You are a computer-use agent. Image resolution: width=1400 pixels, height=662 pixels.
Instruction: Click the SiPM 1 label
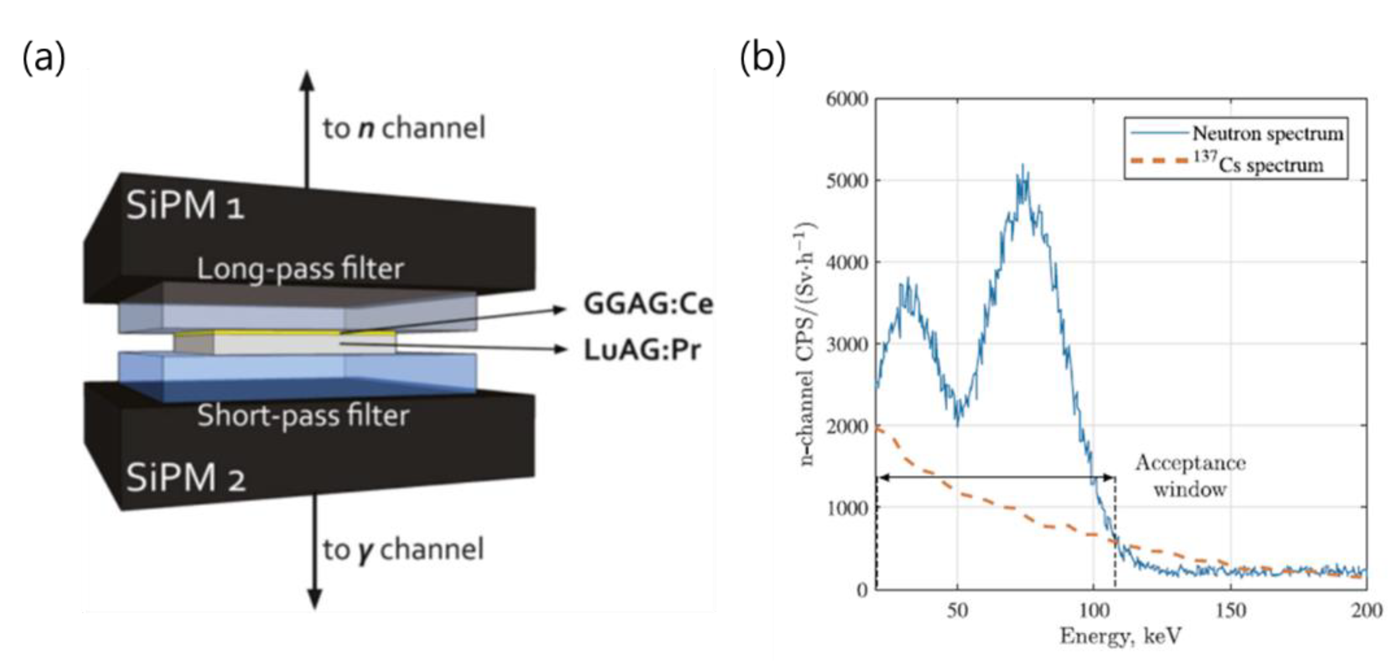[x=185, y=207]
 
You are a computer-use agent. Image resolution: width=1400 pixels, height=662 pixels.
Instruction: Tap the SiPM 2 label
[x=185, y=478]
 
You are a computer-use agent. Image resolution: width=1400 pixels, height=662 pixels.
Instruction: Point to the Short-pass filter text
[x=303, y=416]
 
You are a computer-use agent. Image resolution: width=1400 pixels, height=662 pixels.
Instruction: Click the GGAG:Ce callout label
[x=648, y=304]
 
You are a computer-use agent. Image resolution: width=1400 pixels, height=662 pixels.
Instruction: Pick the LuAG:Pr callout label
[x=642, y=350]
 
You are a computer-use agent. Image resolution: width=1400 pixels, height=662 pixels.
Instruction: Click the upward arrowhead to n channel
[x=308, y=81]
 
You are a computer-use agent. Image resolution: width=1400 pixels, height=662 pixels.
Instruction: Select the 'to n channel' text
[x=404, y=129]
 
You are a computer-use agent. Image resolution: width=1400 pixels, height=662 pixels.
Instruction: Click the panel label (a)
[x=43, y=58]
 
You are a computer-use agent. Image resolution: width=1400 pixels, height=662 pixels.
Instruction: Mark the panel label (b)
[x=763, y=58]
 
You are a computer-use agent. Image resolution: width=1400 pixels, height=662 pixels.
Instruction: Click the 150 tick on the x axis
[x=1231, y=611]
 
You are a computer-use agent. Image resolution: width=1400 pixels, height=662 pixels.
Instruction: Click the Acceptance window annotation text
[x=1190, y=476]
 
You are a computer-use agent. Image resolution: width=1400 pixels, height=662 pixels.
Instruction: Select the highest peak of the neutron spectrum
[x=1023, y=165]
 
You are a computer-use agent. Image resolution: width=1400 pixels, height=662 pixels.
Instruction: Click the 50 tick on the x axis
[x=958, y=611]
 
